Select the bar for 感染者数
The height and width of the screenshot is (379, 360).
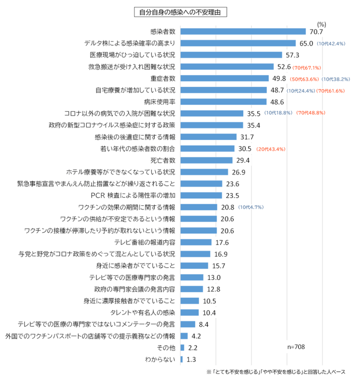pyautogui.click(x=243, y=32)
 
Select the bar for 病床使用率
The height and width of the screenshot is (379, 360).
pyautogui.click(x=224, y=102)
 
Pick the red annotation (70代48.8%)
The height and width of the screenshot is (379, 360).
pyautogui.click(x=311, y=113)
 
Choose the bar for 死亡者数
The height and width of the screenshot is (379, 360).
pyautogui.click(x=207, y=160)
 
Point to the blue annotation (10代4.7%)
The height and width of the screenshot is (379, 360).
pyautogui.click(x=251, y=207)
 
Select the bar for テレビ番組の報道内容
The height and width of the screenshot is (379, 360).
pyautogui.click(x=196, y=242)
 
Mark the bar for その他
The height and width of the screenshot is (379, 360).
pyautogui.click(x=183, y=348)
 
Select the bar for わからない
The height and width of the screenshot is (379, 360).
pyautogui.click(x=182, y=359)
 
